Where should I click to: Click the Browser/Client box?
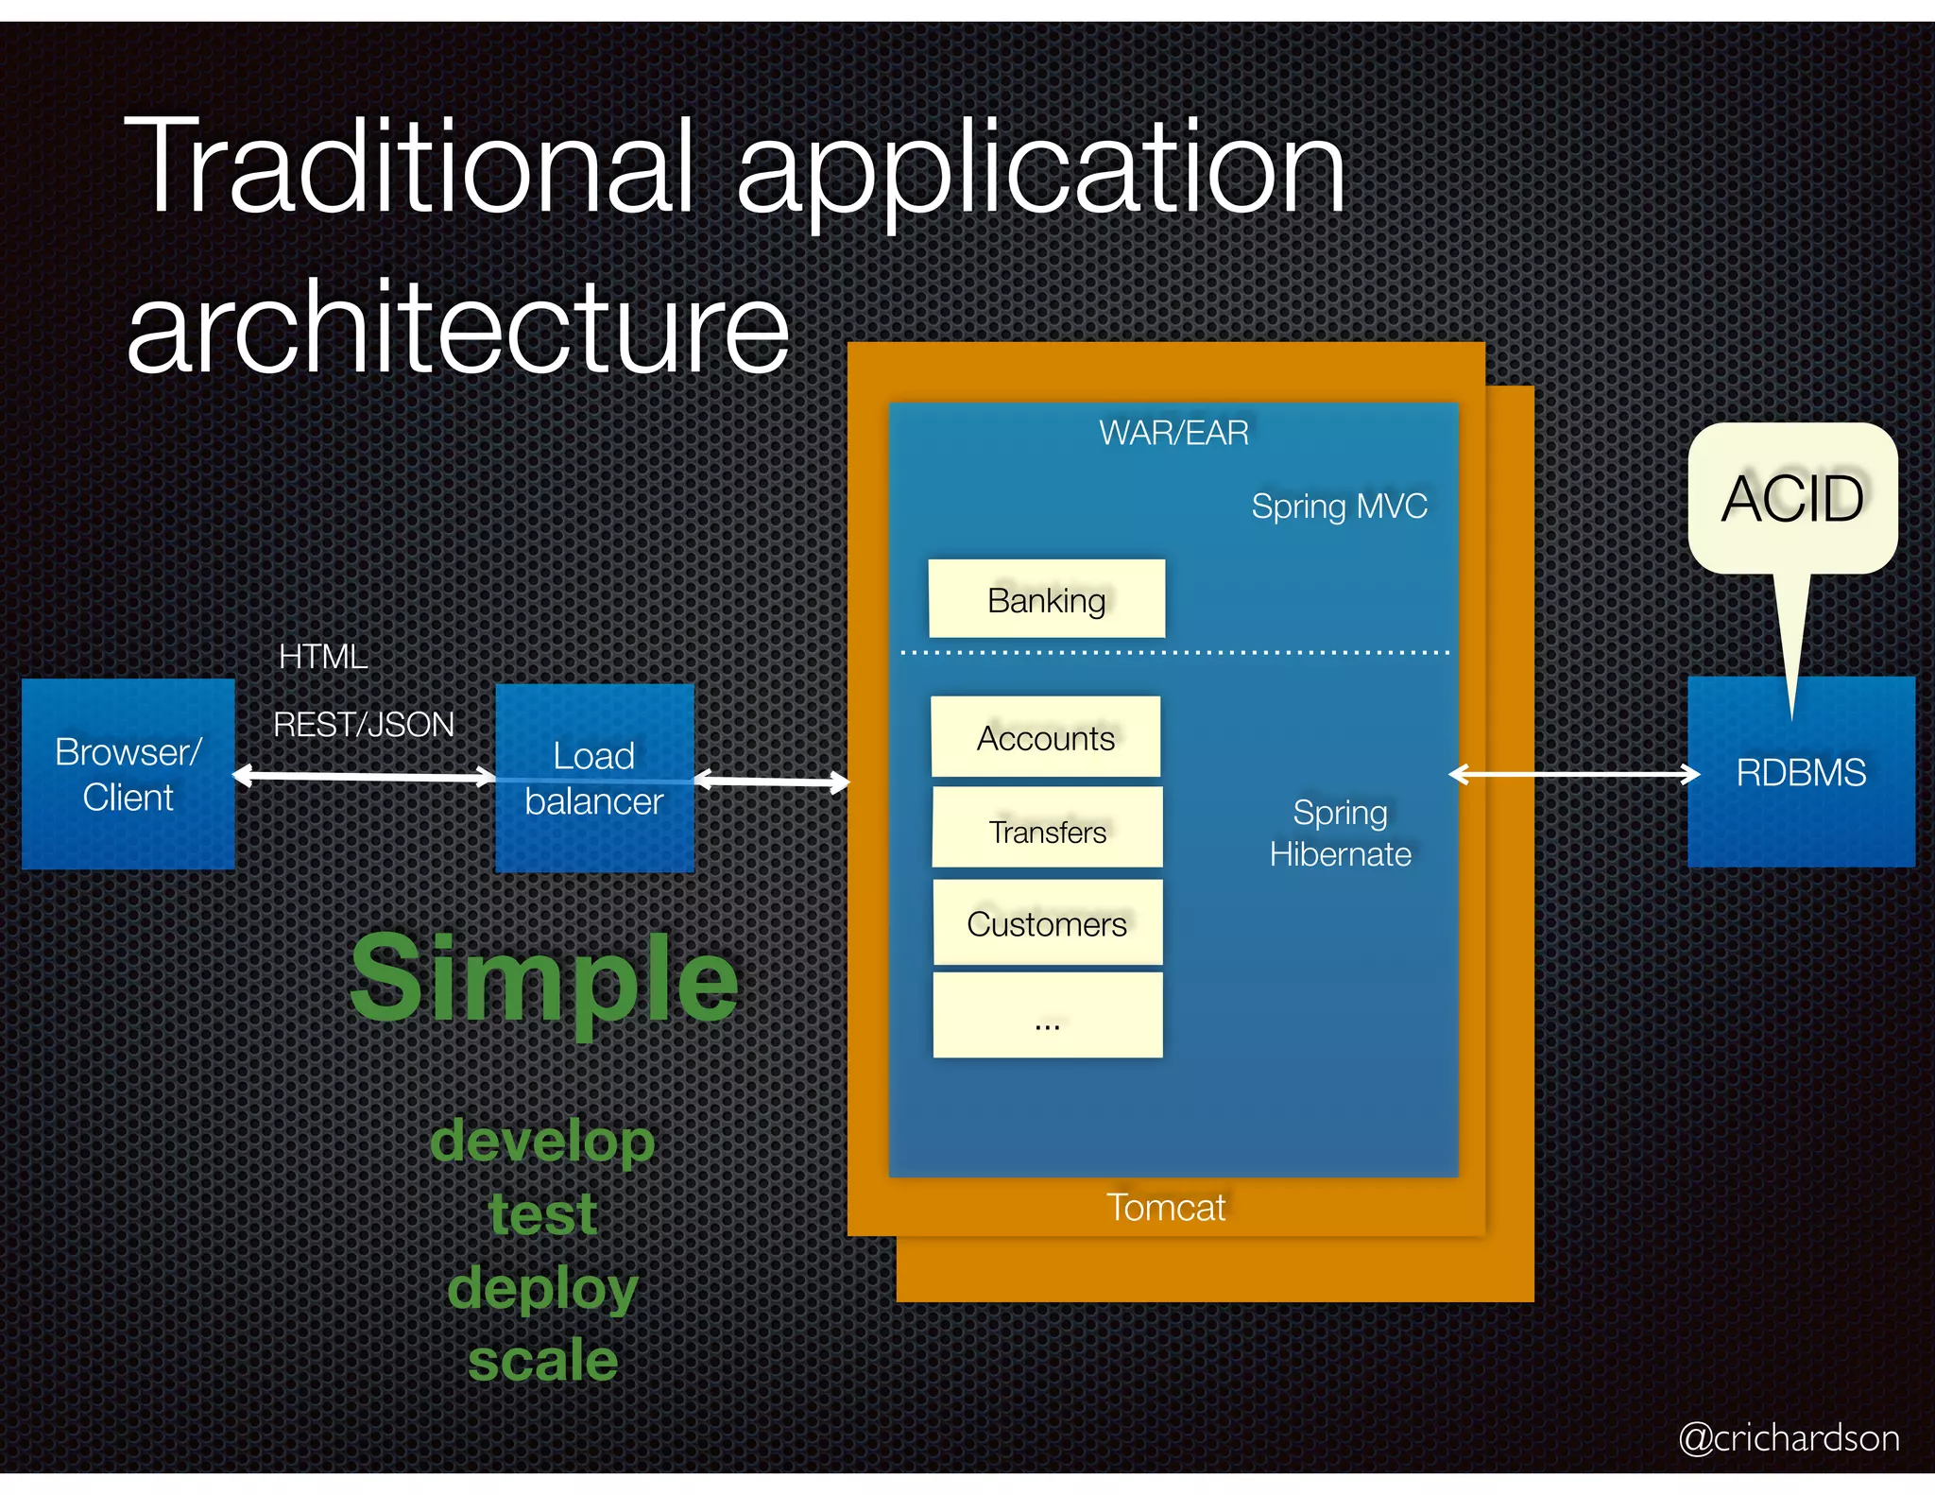click(128, 774)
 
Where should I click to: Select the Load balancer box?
click(594, 778)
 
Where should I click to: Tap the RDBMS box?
click(1801, 773)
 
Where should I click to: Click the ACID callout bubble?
click(1792, 498)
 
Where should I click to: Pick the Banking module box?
click(1046, 599)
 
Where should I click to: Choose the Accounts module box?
click(1045, 737)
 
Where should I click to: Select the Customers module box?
click(1047, 923)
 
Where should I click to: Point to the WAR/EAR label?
click(1173, 433)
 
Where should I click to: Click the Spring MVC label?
click(1339, 507)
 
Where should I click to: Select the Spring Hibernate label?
click(1340, 833)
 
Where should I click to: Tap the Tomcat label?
click(1166, 1208)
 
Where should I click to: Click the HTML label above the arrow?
click(323, 657)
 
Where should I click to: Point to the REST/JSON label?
click(364, 725)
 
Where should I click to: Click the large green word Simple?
click(543, 979)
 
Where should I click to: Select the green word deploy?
click(543, 1289)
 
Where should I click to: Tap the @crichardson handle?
click(1789, 1437)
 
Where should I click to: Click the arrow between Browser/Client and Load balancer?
click(364, 777)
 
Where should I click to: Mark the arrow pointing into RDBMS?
click(1573, 775)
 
